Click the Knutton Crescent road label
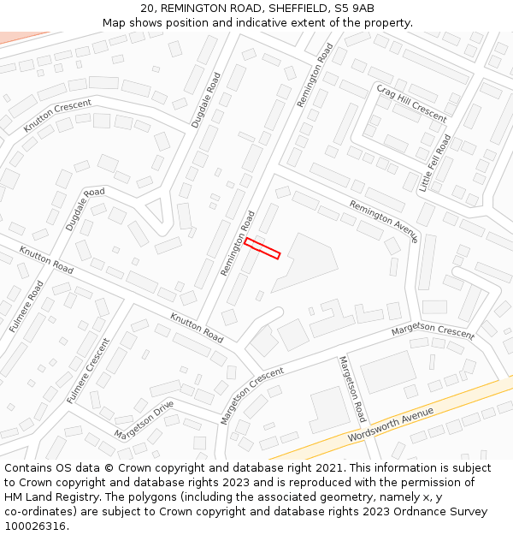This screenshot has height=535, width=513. (x=57, y=116)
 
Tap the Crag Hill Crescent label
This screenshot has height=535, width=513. (x=411, y=103)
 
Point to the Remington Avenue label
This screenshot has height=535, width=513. (x=383, y=221)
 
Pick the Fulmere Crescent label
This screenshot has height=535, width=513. (x=88, y=371)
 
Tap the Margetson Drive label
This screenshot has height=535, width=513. (x=144, y=419)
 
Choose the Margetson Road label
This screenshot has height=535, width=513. (x=352, y=389)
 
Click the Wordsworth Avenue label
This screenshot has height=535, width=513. (x=391, y=425)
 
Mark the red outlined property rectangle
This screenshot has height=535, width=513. (x=262, y=248)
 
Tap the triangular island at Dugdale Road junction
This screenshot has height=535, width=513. (x=156, y=209)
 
